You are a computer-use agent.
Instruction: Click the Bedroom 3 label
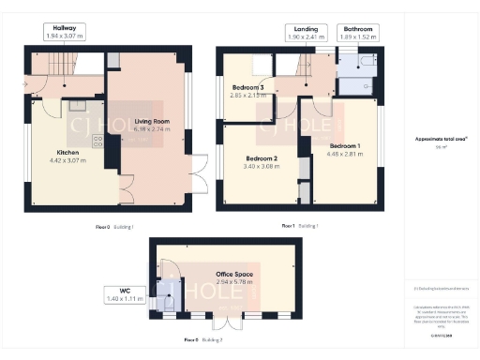point(248,89)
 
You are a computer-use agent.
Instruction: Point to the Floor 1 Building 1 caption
point(300,226)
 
